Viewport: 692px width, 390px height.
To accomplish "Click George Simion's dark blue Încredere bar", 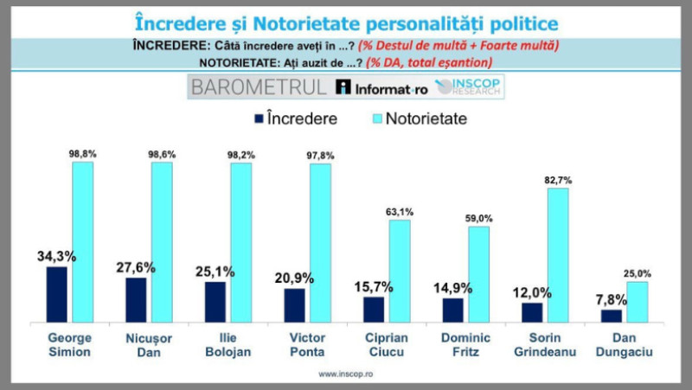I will click(x=56, y=294).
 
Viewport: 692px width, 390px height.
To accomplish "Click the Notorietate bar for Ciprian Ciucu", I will click(x=400, y=271).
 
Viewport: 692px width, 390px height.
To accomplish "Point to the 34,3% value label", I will click(x=54, y=257).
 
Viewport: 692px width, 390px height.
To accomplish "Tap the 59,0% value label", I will click(x=479, y=216).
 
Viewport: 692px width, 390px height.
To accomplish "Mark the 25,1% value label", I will click(x=215, y=272).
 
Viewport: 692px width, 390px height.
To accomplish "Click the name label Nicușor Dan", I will click(x=136, y=342).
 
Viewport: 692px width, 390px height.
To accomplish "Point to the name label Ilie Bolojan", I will click(x=215, y=342).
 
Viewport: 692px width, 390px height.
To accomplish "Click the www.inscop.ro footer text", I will click(x=345, y=374).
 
